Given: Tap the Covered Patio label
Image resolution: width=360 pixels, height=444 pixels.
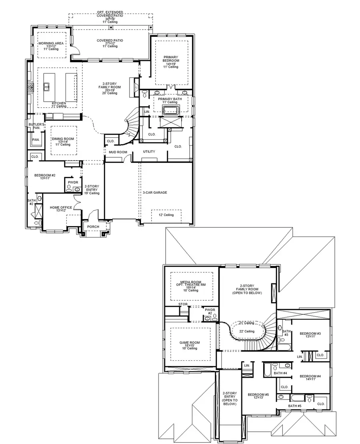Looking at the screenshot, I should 110,40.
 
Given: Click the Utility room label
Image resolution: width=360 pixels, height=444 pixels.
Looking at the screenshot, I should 149,151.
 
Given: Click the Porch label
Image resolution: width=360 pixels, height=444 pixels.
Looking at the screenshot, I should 94,227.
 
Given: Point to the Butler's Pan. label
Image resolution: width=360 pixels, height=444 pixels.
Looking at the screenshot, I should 35,126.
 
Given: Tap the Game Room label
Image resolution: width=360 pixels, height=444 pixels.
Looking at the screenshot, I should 190,343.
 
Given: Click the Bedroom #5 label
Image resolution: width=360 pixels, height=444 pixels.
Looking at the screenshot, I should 258,394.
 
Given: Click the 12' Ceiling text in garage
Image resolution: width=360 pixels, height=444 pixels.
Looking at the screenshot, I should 166,215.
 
